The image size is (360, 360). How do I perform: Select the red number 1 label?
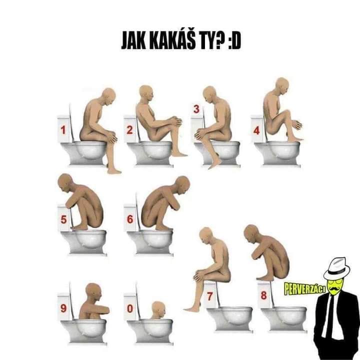[x=63, y=130]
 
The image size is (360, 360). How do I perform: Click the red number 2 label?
[x=129, y=130]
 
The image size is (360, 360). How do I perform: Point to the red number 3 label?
[x=196, y=109]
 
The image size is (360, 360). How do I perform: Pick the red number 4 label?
[x=256, y=130]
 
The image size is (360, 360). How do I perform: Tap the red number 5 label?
[x=63, y=219]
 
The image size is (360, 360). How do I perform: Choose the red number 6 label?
[x=130, y=219]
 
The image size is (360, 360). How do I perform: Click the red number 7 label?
[x=210, y=296]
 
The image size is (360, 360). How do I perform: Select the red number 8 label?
[x=264, y=295]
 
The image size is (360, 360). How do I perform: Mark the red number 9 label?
[x=63, y=308]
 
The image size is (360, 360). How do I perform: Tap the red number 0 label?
[x=130, y=308]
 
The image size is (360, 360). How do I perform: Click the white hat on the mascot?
[x=337, y=267]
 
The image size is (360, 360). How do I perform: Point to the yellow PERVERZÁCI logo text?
[x=305, y=288]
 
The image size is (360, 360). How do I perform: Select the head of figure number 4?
[x=282, y=85]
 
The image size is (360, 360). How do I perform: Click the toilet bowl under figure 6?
[x=150, y=242]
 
